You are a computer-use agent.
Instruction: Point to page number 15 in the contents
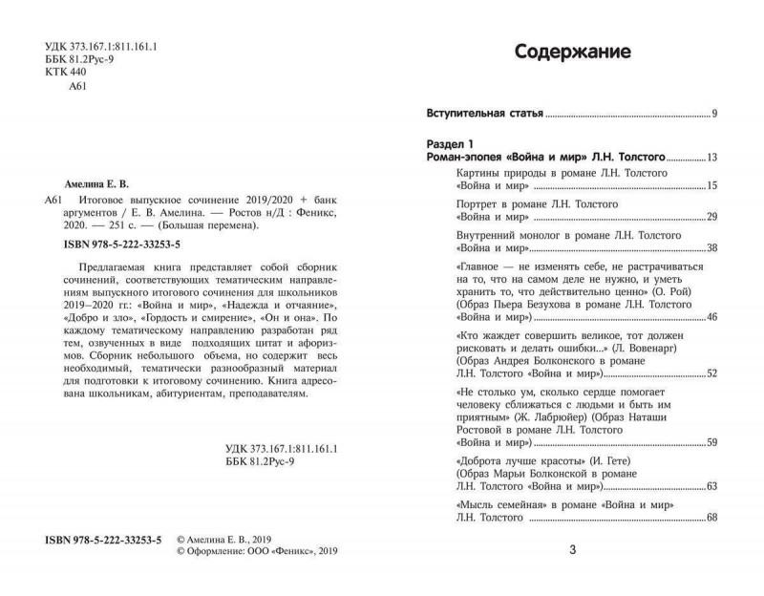[712, 185]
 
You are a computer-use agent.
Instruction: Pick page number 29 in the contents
[712, 219]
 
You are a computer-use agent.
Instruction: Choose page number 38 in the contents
[712, 249]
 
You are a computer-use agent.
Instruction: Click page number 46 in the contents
[712, 315]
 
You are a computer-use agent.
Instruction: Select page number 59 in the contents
[712, 441]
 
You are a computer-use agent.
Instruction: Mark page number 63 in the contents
[712, 487]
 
